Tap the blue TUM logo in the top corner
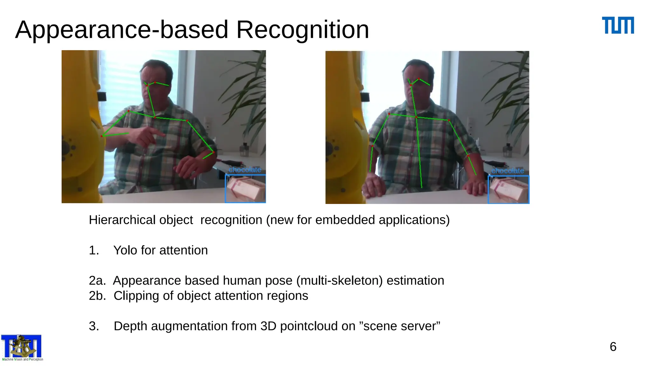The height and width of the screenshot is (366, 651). tap(618, 25)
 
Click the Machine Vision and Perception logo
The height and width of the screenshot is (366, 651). tap(22, 348)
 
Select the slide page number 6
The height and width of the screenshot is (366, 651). tap(613, 347)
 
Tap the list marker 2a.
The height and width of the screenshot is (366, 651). tap(97, 281)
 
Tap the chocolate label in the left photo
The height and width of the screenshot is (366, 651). tap(245, 170)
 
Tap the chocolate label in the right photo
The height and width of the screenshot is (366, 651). tap(508, 171)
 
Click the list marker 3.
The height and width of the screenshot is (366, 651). tap(94, 326)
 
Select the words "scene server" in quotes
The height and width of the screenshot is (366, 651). tap(401, 326)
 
